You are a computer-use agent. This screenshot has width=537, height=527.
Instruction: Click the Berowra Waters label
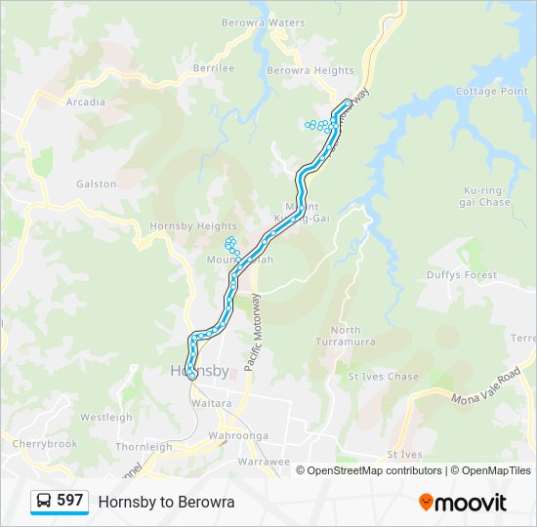click(x=263, y=22)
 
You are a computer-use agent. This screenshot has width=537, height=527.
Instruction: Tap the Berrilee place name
click(x=214, y=68)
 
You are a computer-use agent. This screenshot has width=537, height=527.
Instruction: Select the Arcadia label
click(x=85, y=101)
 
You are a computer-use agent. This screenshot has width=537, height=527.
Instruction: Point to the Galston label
click(x=96, y=183)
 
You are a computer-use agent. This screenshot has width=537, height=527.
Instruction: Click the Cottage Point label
click(x=492, y=92)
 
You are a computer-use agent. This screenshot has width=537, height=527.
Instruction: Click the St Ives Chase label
click(x=383, y=376)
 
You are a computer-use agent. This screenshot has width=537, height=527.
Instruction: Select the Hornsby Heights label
click(x=180, y=225)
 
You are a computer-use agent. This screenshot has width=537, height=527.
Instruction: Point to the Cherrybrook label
click(x=44, y=443)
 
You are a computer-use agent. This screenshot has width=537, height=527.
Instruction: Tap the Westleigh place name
click(x=105, y=417)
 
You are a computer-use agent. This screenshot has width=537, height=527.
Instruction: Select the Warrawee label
click(x=264, y=461)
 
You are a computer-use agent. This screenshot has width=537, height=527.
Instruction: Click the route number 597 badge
click(x=69, y=501)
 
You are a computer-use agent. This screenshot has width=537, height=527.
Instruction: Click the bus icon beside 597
click(x=44, y=501)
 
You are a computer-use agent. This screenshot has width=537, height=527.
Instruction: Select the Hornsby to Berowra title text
click(x=166, y=502)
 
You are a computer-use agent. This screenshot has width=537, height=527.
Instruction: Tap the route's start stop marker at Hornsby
click(x=192, y=375)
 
